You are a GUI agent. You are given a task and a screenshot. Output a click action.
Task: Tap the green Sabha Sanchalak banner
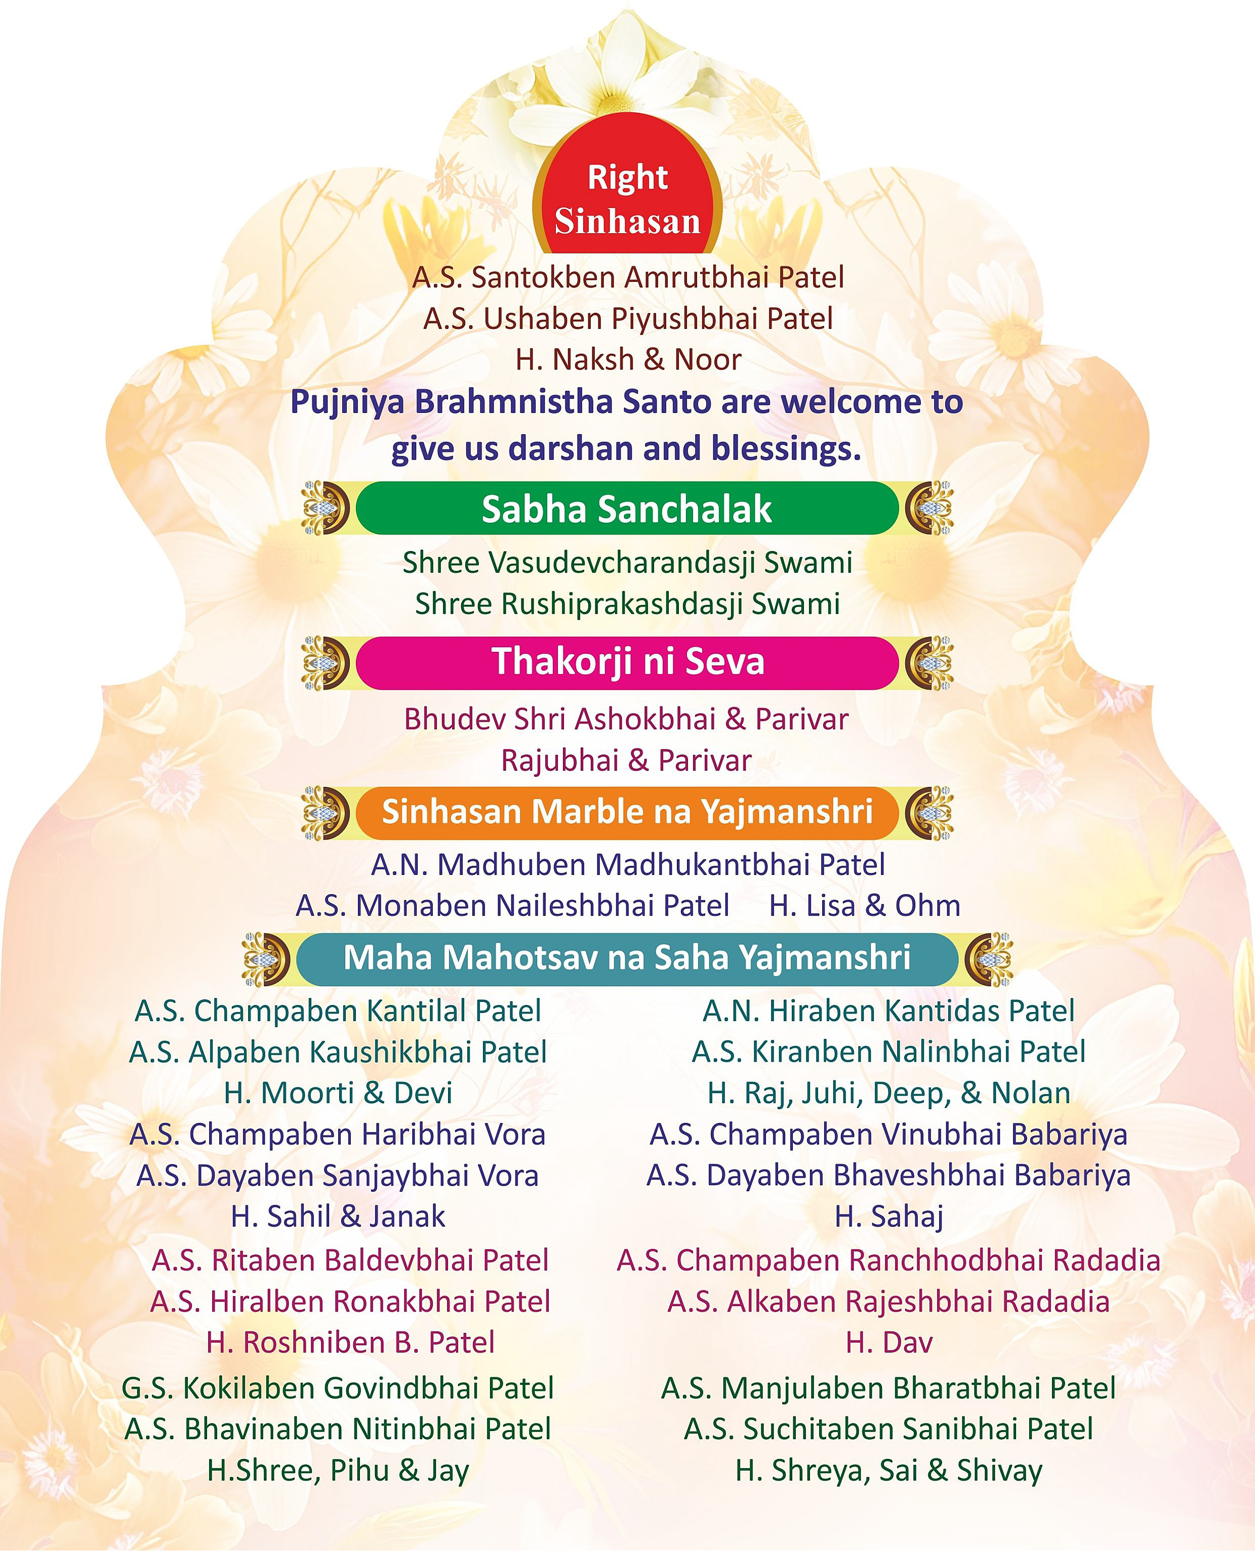coord(627,509)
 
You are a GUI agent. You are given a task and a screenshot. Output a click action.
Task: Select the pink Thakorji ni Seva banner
coord(627,661)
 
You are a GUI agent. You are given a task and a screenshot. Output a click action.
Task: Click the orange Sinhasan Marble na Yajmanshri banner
coord(627,812)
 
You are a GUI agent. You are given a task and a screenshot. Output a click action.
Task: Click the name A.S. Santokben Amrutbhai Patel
coord(628,277)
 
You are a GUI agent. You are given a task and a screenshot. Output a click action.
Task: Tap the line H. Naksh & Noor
coord(628,360)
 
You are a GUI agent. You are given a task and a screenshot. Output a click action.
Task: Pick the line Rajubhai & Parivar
coord(626,761)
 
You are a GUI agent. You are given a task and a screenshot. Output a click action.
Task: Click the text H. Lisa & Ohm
coord(865,906)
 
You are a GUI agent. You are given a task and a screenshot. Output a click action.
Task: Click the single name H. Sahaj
coord(888,1217)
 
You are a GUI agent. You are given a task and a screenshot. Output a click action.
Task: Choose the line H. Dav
coord(888,1343)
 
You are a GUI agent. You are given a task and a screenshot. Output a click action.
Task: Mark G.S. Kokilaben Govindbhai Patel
coord(338,1389)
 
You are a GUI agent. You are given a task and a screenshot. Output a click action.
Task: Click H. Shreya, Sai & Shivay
coord(888,1471)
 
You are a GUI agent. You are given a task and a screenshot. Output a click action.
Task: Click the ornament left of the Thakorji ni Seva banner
coord(326,662)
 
